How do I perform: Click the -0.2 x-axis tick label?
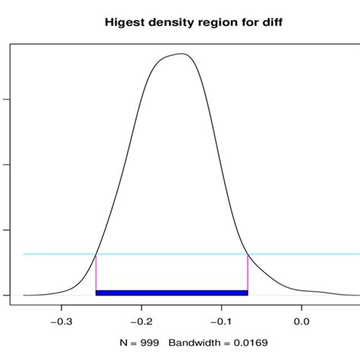(141, 320)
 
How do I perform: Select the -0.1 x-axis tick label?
(222, 320)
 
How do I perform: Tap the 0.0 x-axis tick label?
(303, 320)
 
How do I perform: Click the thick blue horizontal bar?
(172, 292)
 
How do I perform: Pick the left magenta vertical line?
(96, 273)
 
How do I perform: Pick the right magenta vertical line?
(248, 273)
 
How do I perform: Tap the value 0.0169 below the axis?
(251, 343)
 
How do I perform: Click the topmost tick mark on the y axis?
(7, 99)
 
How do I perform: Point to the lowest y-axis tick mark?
(7, 295)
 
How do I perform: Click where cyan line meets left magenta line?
(96, 254)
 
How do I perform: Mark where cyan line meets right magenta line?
(248, 254)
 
